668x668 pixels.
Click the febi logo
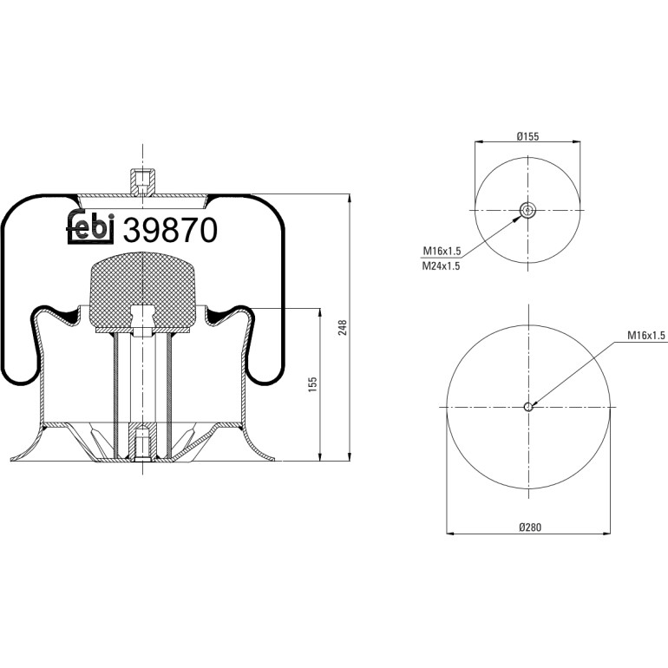[90, 226]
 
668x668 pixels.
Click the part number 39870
[170, 230]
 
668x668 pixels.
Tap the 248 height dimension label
[343, 328]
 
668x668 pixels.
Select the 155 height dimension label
[312, 384]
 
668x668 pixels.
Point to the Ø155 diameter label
[527, 136]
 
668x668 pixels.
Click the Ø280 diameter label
[530, 527]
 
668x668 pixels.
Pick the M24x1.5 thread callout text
[441, 266]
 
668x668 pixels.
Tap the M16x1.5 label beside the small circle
[442, 251]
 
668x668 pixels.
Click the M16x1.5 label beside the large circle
[645, 336]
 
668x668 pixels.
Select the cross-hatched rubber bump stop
[142, 290]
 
